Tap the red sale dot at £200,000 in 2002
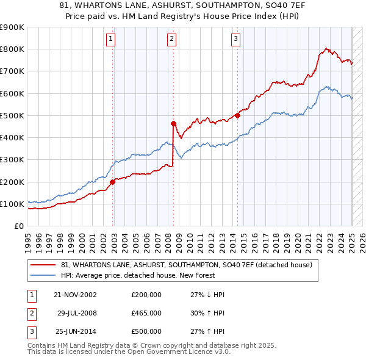[113, 182]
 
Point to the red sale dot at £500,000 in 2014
[237, 115]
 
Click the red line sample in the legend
[43, 265]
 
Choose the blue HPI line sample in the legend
[43, 275]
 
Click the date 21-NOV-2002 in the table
[75, 295]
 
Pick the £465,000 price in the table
[146, 313]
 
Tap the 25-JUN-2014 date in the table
[75, 331]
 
